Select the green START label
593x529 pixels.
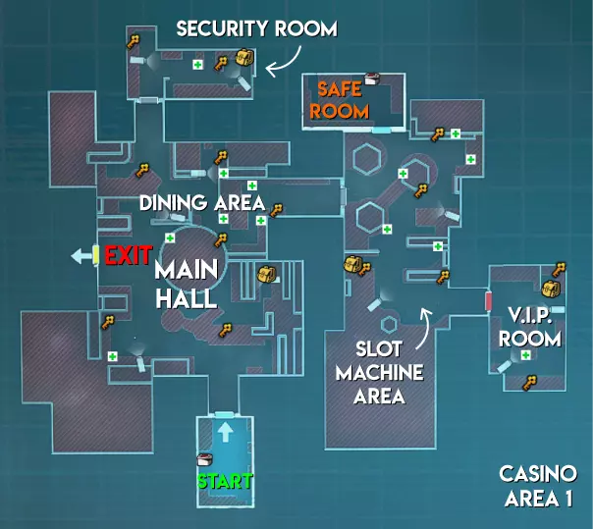225,482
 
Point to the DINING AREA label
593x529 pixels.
201,203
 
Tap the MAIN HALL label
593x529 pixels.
187,284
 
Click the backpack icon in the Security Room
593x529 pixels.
243,60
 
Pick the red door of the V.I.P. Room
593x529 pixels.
487,301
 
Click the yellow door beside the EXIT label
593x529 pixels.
96,255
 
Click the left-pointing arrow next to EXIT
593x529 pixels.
80,256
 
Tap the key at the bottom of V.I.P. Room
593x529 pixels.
531,381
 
